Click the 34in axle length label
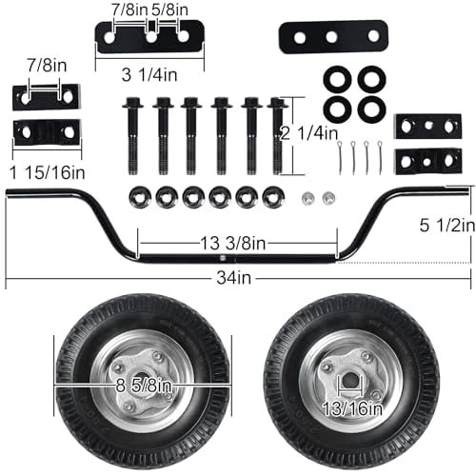234,278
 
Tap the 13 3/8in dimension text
233,243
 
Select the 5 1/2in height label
447,225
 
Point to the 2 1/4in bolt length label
309,133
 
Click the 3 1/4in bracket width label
149,75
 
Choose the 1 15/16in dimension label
48,172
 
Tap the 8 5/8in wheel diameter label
144,386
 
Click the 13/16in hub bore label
352,408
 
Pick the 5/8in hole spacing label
169,10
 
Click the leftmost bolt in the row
132,135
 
